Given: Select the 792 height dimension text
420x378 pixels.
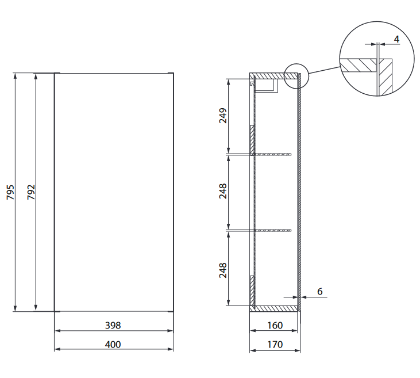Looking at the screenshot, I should (31, 192).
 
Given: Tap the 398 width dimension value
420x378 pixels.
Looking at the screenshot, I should (113, 325).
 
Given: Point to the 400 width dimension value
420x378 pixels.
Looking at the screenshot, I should (113, 344).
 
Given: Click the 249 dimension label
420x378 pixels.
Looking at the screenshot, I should (223, 116).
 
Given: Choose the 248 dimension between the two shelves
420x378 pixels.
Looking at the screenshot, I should (223, 192).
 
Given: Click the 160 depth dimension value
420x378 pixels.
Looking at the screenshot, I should (275, 325).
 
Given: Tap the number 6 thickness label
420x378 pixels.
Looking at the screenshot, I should (320, 292).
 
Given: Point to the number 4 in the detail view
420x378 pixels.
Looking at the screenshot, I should (396, 39).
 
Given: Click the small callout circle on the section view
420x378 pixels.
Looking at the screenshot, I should (296, 76).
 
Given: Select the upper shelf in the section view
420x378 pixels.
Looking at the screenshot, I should (273, 154).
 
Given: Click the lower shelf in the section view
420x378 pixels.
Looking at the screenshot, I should (273, 231).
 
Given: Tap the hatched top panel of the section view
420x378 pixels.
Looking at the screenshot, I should (270, 76).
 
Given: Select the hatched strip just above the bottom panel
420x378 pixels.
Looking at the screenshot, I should (252, 291).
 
